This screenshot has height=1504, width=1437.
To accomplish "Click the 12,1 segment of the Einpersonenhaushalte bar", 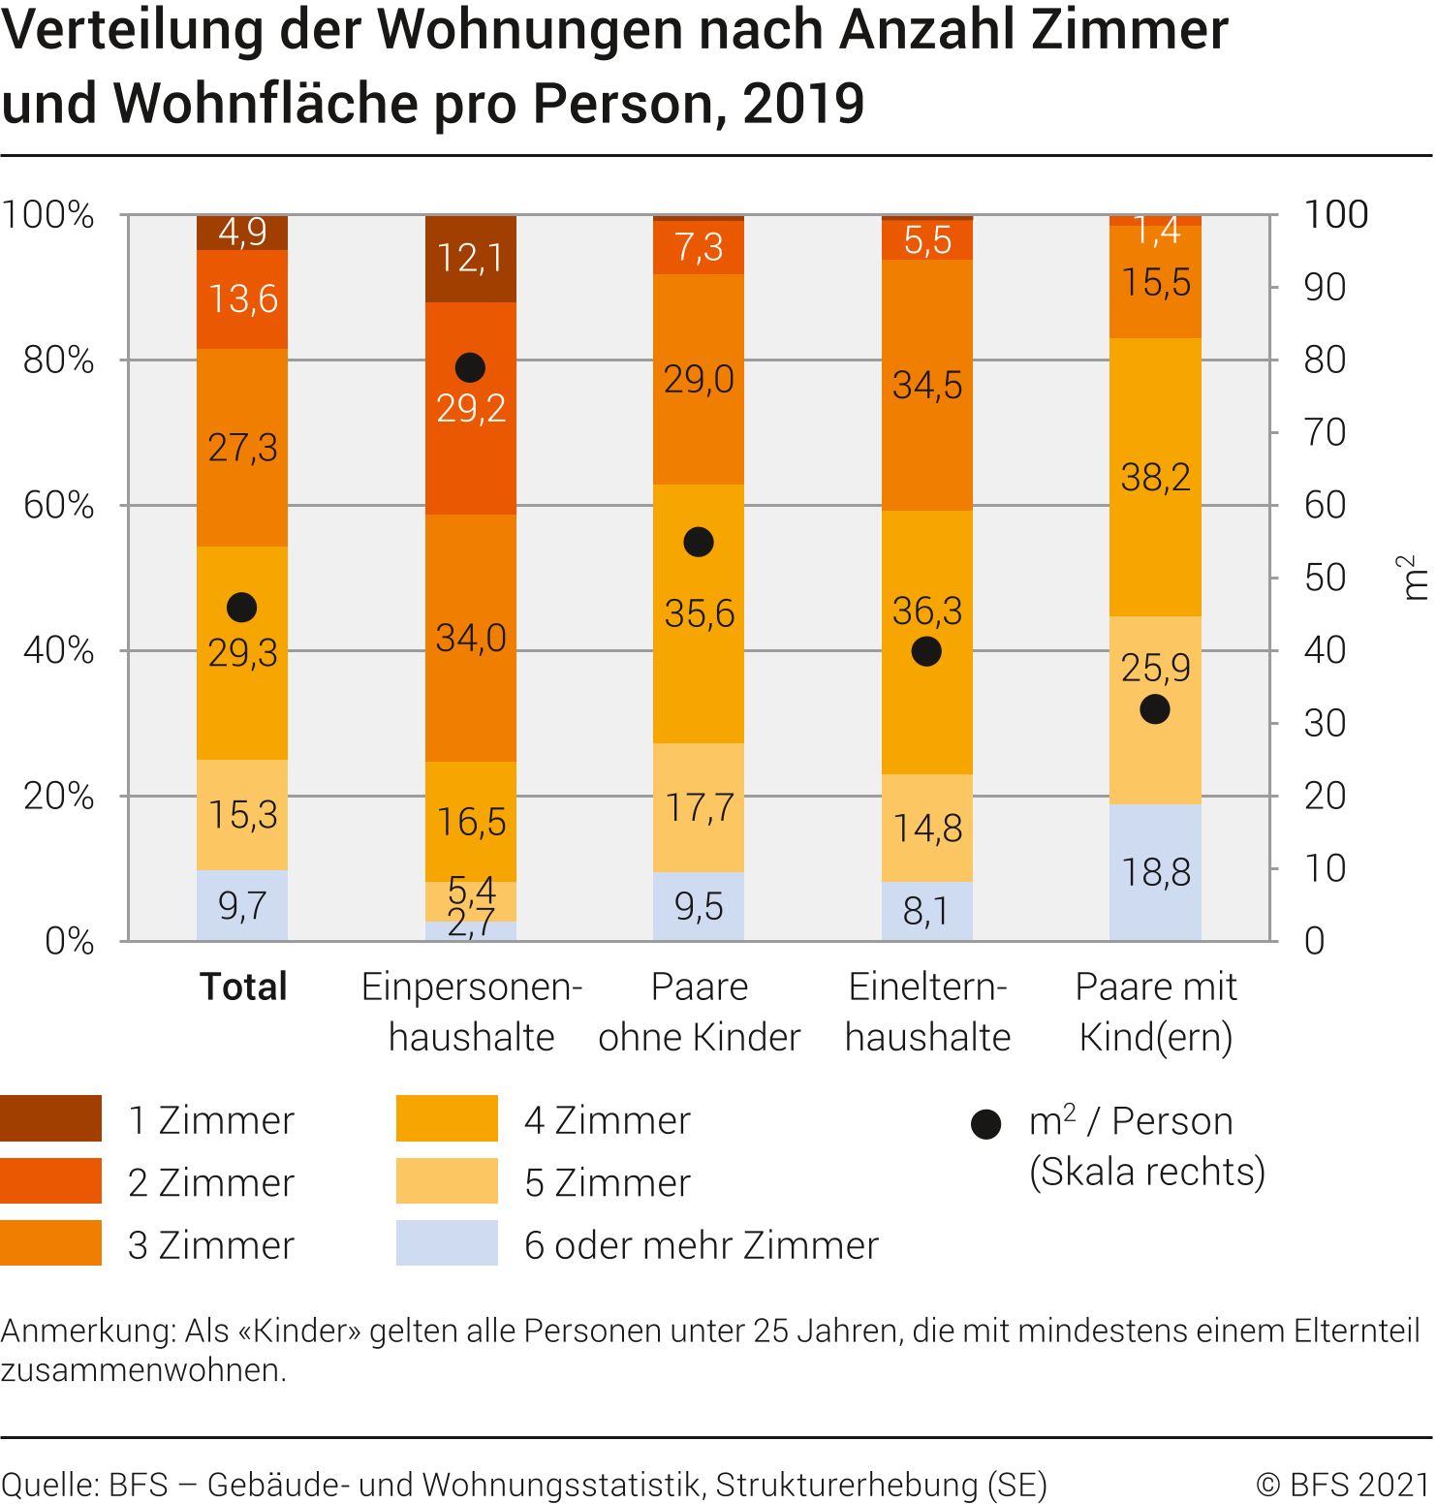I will click(x=470, y=259).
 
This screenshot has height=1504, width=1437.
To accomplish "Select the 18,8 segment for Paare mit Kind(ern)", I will click(x=1155, y=872).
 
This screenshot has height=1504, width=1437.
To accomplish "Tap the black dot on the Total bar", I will click(x=241, y=608).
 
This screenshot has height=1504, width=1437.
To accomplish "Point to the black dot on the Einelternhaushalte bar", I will click(x=926, y=651).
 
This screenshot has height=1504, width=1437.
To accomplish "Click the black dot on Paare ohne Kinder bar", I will click(x=699, y=542).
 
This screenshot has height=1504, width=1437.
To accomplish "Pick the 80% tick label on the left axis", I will click(x=58, y=360).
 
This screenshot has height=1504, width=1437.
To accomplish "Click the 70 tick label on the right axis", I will click(x=1325, y=432).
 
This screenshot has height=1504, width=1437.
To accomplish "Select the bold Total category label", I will click(x=243, y=987).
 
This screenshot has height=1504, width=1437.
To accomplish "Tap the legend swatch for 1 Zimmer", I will click(x=50, y=1118).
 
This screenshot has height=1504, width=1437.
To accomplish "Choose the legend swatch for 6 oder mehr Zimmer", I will click(x=447, y=1242).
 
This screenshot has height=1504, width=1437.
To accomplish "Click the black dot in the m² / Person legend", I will click(x=985, y=1124).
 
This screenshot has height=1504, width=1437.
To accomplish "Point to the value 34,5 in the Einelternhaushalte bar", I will click(x=927, y=386).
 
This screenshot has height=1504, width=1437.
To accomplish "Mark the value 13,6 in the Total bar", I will click(x=242, y=298).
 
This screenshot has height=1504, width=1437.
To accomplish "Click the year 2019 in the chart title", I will click(x=803, y=104).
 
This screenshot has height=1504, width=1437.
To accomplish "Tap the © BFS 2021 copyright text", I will click(x=1342, y=1484).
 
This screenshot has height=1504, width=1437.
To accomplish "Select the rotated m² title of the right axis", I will click(x=1412, y=578).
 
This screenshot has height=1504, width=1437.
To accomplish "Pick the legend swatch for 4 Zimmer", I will click(x=447, y=1118).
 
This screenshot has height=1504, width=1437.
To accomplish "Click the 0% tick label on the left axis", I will click(x=69, y=941).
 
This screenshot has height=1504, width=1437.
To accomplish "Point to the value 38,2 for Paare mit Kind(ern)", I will click(x=1155, y=477).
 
